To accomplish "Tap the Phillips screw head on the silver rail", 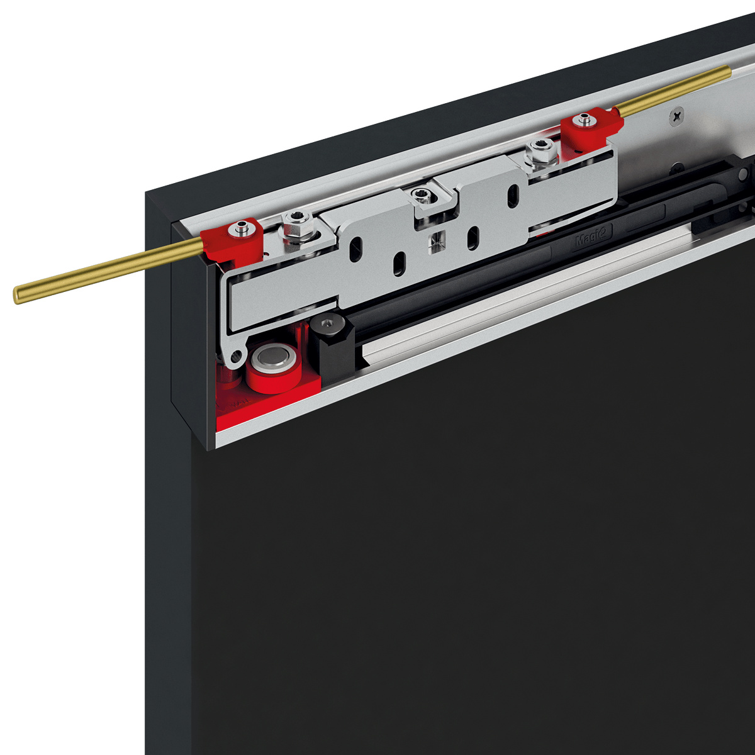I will pyautogui.click(x=677, y=116).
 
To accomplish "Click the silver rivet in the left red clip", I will pyautogui.click(x=239, y=228).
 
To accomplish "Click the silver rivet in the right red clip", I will pyautogui.click(x=586, y=118).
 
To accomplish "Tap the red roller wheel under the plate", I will pyautogui.click(x=272, y=374).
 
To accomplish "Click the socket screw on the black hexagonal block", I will pyautogui.click(x=327, y=325).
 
